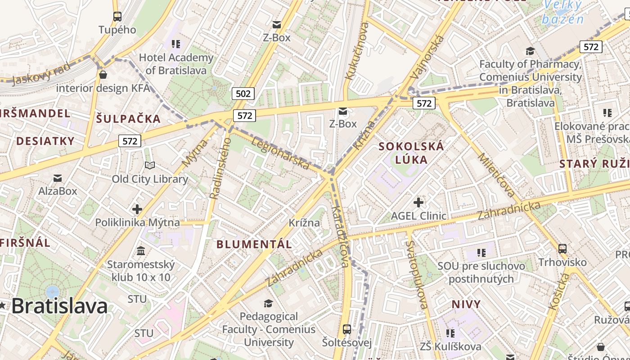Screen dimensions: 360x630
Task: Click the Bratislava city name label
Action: (x=59, y=306)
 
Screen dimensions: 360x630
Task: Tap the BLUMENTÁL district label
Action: (x=254, y=244)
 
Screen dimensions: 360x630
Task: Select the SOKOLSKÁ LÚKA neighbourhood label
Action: (x=411, y=153)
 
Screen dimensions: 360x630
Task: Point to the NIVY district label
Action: (x=466, y=304)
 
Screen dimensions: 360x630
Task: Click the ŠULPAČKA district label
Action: (x=128, y=119)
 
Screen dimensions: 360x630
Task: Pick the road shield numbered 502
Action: (x=243, y=94)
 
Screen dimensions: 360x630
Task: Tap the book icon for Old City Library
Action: (x=150, y=166)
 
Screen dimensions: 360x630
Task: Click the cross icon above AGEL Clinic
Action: (x=418, y=202)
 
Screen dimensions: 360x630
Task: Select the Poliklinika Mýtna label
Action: (x=137, y=222)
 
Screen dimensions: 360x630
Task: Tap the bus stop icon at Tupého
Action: (x=117, y=17)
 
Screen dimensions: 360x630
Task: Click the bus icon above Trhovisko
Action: (x=562, y=248)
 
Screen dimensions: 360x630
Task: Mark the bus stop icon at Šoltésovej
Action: (x=347, y=329)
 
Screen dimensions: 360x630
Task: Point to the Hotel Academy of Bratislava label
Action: (x=176, y=64)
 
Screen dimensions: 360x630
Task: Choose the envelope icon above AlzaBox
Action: (x=58, y=178)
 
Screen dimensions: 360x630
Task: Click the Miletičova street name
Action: (x=497, y=175)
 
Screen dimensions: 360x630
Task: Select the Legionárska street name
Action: (x=280, y=153)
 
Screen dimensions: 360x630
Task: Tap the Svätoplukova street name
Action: (x=417, y=274)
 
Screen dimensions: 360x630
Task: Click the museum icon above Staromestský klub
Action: (x=141, y=251)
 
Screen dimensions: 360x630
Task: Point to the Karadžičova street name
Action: (x=340, y=237)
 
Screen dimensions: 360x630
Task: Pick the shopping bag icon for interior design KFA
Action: (x=103, y=75)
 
